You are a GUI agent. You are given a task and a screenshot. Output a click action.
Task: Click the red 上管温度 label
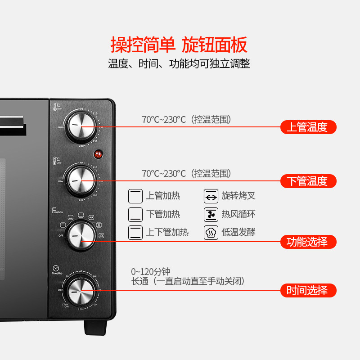[308, 127]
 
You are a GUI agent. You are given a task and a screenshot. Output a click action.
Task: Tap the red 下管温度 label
[308, 181]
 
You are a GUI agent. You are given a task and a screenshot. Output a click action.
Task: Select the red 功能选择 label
[308, 242]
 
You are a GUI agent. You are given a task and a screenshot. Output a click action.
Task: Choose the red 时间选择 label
[308, 290]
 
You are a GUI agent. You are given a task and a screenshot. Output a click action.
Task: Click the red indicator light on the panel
[98, 154]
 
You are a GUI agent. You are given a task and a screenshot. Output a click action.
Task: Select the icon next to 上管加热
[135, 196]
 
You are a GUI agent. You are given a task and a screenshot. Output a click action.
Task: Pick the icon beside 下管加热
[135, 214]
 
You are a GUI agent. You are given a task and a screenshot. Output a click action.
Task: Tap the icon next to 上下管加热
[135, 232]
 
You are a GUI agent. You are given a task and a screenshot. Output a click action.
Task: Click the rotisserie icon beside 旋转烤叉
[211, 196]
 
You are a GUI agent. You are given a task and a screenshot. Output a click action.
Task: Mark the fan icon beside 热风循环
[211, 214]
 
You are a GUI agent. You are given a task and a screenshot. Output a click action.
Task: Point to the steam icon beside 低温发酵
[211, 232]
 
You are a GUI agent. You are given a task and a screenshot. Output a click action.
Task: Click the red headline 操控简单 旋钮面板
[179, 45]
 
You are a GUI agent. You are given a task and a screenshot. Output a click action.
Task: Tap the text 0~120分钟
[151, 272]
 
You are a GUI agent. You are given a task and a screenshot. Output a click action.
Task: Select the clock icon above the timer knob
[55, 267]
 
